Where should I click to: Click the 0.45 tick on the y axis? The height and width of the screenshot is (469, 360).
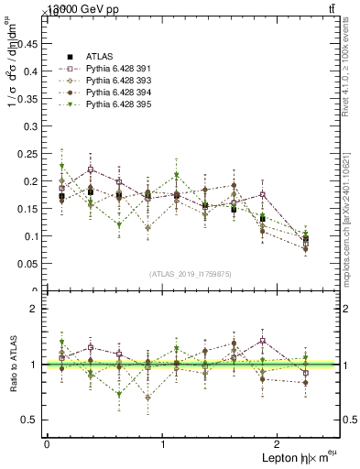(29, 43)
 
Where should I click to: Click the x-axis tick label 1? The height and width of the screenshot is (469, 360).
(163, 444)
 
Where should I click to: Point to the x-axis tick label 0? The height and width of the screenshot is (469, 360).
(47, 444)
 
